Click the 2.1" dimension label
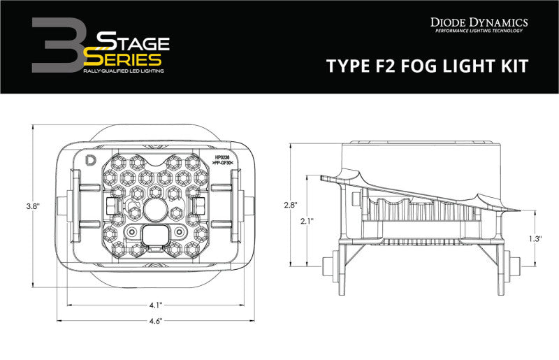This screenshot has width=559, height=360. (307, 221)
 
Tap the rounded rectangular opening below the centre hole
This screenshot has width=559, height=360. (154, 234)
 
